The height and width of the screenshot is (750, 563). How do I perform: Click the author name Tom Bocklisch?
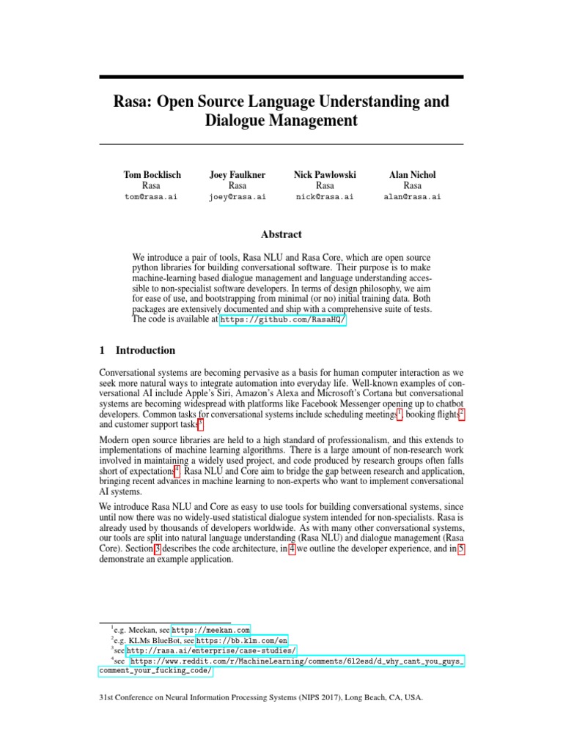point(152,174)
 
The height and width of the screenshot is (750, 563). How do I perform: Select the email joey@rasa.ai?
point(237,197)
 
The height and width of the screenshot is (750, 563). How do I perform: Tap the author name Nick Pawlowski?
point(325,174)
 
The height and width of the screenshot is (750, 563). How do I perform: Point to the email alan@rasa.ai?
point(412,197)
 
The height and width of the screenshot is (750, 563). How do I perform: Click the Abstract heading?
point(281,234)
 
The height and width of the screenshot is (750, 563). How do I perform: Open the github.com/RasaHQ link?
point(282,320)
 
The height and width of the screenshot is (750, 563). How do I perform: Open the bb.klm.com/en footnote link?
point(241,639)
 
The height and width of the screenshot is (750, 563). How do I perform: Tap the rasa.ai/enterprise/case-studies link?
point(211,650)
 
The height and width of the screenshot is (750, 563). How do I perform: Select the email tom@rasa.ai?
point(152,197)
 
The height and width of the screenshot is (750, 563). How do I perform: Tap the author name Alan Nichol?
point(412,174)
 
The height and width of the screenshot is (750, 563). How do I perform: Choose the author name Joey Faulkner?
point(237,174)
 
